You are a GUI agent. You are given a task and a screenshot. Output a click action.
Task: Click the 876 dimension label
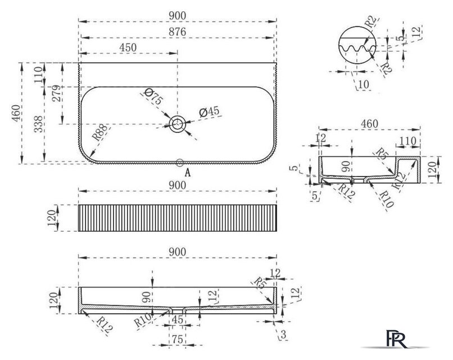pos(178,31)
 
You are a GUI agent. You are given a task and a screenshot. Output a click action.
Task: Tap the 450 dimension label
pos(128,47)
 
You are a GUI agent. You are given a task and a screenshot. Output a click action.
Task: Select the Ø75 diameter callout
pos(153,96)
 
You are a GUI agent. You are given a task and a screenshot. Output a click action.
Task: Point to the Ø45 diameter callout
pos(209,111)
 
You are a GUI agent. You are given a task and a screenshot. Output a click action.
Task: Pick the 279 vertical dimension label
pos(57,93)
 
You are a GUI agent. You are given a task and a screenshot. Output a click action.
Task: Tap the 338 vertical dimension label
pos(38,124)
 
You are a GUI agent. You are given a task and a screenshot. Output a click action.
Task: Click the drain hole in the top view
pos(177,124)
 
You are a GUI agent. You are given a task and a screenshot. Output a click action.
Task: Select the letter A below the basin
pos(188,173)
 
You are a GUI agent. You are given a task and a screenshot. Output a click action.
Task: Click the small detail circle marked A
pos(180,163)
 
